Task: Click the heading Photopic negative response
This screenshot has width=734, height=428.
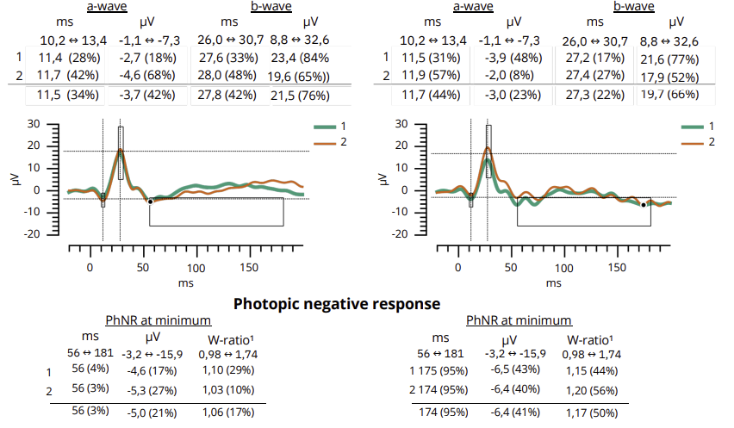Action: pyautogui.click(x=337, y=303)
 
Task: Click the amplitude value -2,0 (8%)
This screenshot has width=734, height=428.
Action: pyautogui.click(x=511, y=75)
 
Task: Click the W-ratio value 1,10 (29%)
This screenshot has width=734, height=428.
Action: pyautogui.click(x=227, y=371)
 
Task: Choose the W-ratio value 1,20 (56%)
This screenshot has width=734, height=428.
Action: pyautogui.click(x=590, y=390)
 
